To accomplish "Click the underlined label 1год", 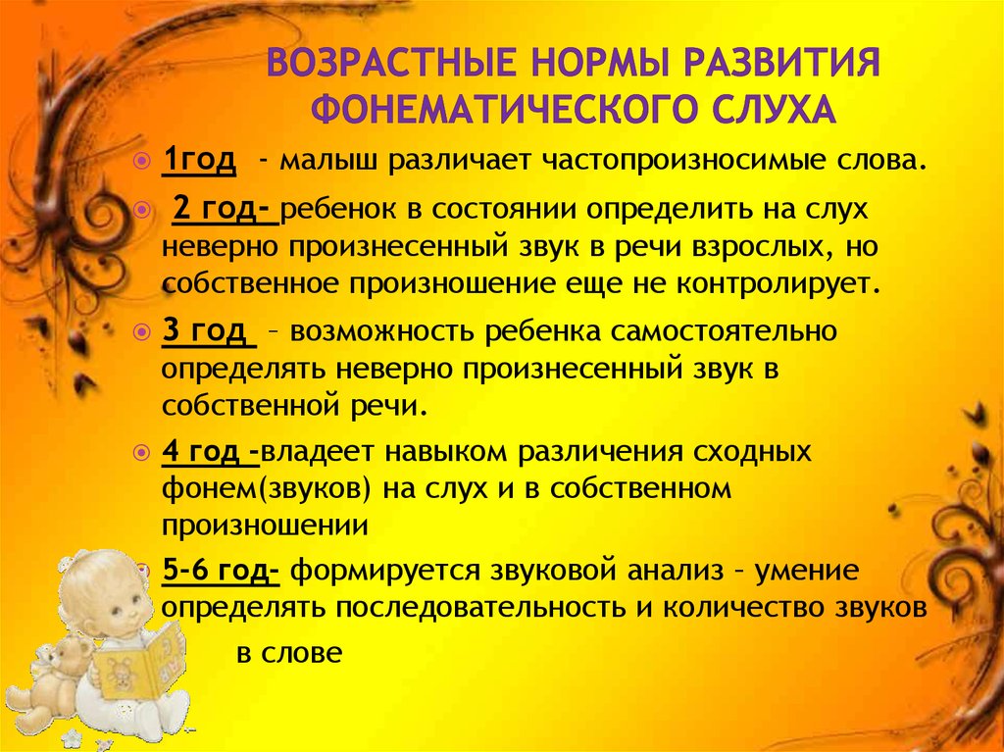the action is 199,160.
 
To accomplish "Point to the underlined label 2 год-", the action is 226,211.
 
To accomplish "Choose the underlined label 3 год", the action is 209,331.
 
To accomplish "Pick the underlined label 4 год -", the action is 211,452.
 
